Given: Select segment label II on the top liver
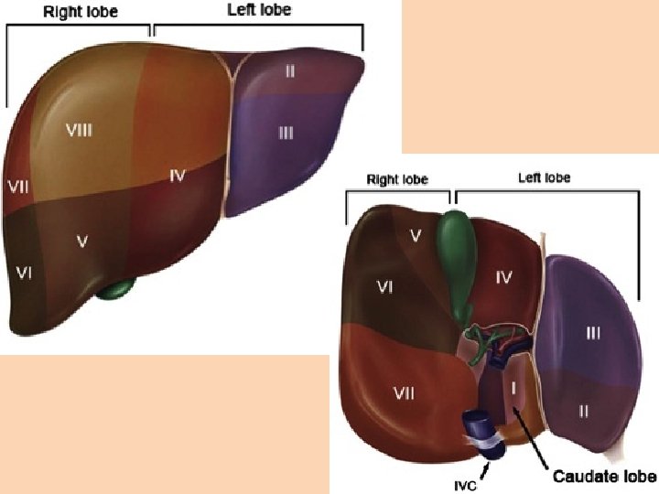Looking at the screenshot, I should coord(289,70).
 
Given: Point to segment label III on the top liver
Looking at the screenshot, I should coord(286,133).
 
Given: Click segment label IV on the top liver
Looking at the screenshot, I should coord(178,175).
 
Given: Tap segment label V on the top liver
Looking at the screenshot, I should coord(82,242).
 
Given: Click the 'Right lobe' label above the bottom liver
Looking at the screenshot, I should coord(397,179).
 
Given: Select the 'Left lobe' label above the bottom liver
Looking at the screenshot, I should coord(544,177).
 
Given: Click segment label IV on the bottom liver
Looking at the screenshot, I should coord(503,274).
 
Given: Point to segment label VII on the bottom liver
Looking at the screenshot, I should coord(404,393).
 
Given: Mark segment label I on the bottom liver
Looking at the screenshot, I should coord(513,388).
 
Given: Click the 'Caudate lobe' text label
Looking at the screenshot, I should coord(604,477).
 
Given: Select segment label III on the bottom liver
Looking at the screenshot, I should coord(593,334).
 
